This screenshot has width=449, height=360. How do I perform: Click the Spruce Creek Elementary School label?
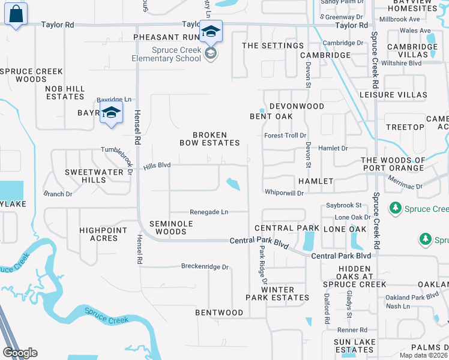(167, 54)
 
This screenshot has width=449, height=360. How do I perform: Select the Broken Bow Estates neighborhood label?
(210, 139)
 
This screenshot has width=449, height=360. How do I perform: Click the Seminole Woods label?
(167, 227)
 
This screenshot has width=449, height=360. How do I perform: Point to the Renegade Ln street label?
(209, 212)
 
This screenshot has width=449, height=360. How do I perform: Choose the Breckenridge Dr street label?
(205, 267)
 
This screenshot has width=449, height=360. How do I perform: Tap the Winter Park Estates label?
(277, 293)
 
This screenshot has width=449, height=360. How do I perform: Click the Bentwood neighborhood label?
(219, 313)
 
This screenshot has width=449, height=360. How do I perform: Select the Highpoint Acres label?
(103, 234)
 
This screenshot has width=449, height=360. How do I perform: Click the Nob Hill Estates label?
(65, 92)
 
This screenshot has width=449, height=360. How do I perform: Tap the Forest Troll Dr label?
(285, 136)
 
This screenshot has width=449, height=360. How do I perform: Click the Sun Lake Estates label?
(355, 346)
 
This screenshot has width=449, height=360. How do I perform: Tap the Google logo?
(20, 353)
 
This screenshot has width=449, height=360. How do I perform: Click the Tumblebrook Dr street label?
(118, 159)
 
